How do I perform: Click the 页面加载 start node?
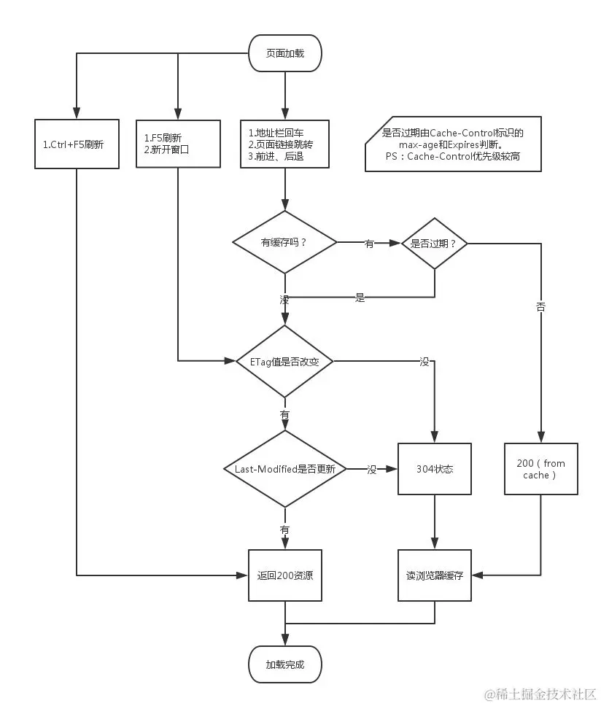coord(285,53)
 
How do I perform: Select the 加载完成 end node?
coord(285,664)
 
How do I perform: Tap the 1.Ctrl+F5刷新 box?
coord(77,144)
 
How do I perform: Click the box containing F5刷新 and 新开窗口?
coord(178,144)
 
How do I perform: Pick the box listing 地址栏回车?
coord(285,144)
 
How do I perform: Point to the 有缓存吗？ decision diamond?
coord(284,242)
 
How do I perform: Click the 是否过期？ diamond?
coord(435,244)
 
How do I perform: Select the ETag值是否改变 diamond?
coord(284,361)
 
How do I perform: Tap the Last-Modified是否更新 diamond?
coord(285,469)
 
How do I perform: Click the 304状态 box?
coord(435,469)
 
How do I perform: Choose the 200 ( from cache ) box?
coord(540,469)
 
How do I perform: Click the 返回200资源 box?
coord(285,575)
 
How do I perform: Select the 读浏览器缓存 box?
coord(435,575)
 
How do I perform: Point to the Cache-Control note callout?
coord(453,144)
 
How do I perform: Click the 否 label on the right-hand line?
coord(540,307)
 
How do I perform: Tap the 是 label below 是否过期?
coord(360,298)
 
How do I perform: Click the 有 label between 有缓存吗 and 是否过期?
coord(369,244)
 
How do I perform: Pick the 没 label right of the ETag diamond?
coord(424,362)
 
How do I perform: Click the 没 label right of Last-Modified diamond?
coord(372,470)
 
